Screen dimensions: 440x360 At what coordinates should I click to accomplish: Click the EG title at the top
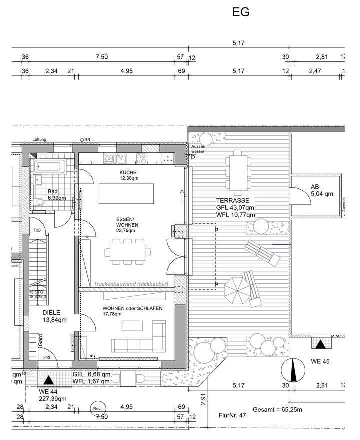tap(241, 12)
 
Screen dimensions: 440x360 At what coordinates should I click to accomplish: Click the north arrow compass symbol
tap(291, 371)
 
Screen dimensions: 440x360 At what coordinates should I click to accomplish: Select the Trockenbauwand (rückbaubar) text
tap(131, 284)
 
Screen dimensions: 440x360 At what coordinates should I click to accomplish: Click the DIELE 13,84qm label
tap(54, 316)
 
